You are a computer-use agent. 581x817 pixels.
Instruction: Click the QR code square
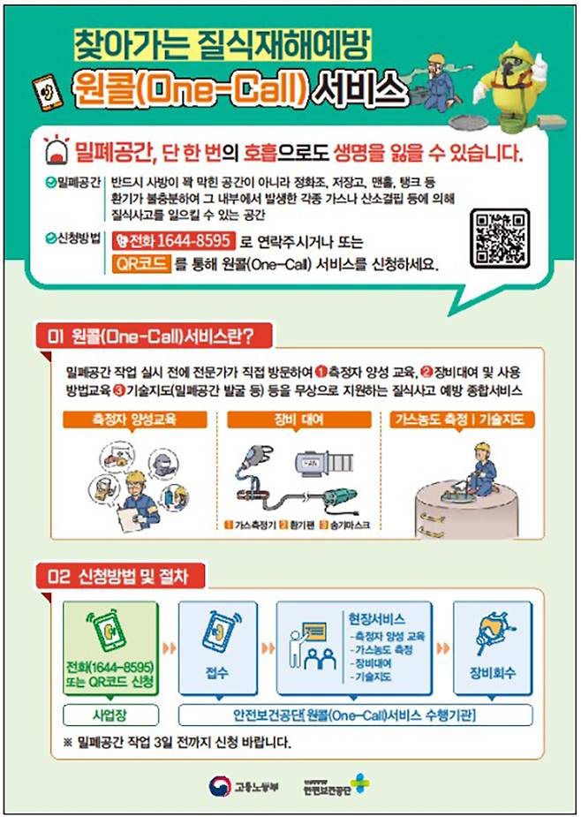[500, 238]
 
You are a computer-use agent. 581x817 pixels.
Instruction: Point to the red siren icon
[57, 153]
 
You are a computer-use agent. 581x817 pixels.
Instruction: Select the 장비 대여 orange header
[291, 420]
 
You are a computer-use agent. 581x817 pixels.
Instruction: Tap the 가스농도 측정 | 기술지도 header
[458, 420]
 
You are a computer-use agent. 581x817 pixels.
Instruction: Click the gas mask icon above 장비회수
[491, 636]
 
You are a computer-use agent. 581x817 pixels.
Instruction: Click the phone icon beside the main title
[45, 92]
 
